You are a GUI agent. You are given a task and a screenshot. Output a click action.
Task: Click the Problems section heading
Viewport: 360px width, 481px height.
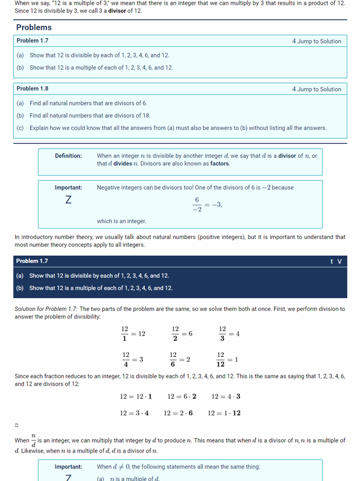[x=34, y=27]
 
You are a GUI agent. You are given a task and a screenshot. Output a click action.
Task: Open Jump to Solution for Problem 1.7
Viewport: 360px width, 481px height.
[x=317, y=41]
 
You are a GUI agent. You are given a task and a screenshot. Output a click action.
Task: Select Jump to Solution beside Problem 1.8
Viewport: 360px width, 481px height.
[x=317, y=89]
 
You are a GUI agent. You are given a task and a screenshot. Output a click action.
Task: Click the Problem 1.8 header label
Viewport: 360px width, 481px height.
[x=32, y=89]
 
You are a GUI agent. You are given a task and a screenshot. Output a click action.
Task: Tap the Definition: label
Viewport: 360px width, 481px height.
[x=68, y=156]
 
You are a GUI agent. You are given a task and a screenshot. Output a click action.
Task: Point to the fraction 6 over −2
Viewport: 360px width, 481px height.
[x=197, y=204]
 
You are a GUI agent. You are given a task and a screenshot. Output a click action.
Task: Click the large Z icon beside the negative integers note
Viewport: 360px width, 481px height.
[x=68, y=200]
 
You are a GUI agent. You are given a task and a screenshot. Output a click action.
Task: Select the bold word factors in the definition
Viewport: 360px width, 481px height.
[x=220, y=164]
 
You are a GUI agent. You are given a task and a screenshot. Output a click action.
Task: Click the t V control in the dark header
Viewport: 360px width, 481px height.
[x=336, y=262]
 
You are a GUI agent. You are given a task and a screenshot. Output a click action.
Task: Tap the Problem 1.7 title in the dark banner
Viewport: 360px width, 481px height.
[x=32, y=261]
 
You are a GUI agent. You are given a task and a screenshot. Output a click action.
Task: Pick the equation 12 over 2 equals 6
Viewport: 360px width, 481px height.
[x=181, y=334]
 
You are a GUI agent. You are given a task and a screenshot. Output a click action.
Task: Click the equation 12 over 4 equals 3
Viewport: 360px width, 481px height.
[x=132, y=359]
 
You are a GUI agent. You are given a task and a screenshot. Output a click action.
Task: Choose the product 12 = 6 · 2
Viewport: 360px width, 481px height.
[x=181, y=397]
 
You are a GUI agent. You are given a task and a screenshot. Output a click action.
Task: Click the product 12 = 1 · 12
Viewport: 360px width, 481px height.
[x=224, y=413]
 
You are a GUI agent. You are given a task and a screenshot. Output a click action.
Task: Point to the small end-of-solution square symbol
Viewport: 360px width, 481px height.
[x=17, y=426]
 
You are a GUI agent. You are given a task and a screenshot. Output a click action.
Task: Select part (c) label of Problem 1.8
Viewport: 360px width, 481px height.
[x=20, y=128]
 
